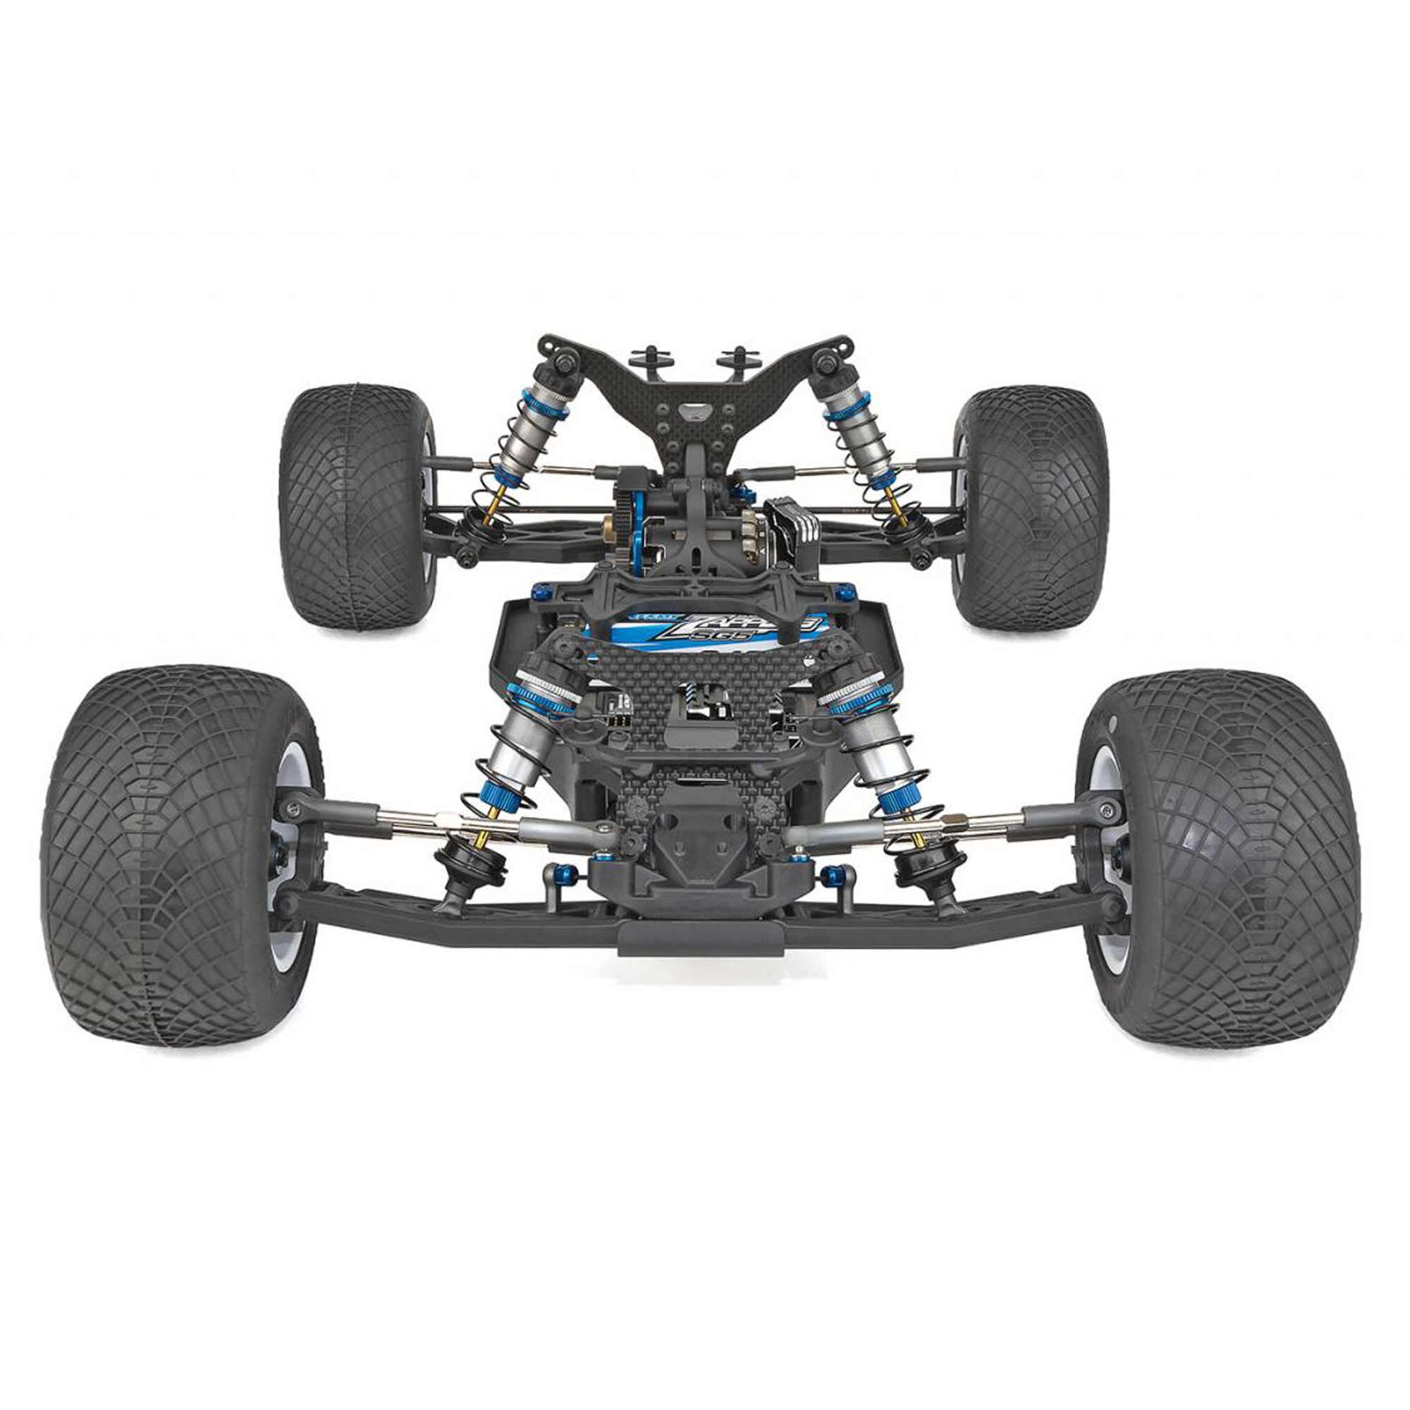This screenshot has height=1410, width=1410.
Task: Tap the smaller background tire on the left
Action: [x=357, y=507]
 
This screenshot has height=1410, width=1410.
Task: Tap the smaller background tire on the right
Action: [x=1033, y=507]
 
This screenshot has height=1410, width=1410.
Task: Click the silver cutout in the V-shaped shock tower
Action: [x=694, y=412]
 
